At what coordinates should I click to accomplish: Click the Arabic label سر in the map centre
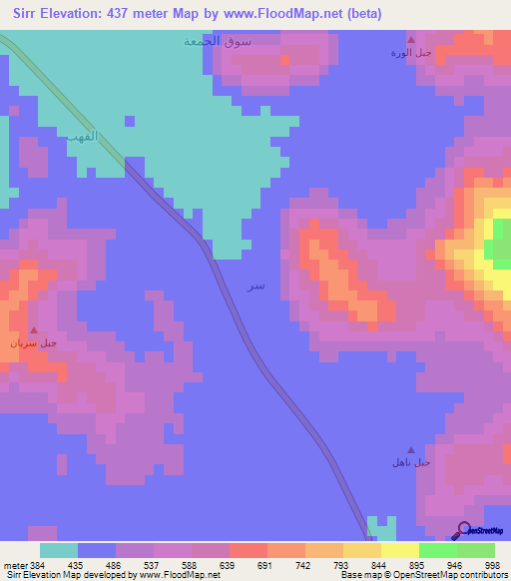[x=256, y=287]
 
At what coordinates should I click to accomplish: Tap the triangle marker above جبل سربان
[x=35, y=330]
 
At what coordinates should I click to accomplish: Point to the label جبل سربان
[x=34, y=343]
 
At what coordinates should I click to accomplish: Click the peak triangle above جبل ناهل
[x=410, y=449]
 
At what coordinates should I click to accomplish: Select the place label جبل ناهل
[x=410, y=462]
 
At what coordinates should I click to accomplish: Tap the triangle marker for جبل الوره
[x=409, y=39]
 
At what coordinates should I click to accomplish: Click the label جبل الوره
[x=409, y=52]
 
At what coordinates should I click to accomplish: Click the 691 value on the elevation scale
[x=265, y=565]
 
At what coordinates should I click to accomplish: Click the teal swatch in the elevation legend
[x=58, y=550]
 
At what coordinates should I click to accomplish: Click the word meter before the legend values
[x=13, y=565]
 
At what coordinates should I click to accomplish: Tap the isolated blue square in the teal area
[x=130, y=121]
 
